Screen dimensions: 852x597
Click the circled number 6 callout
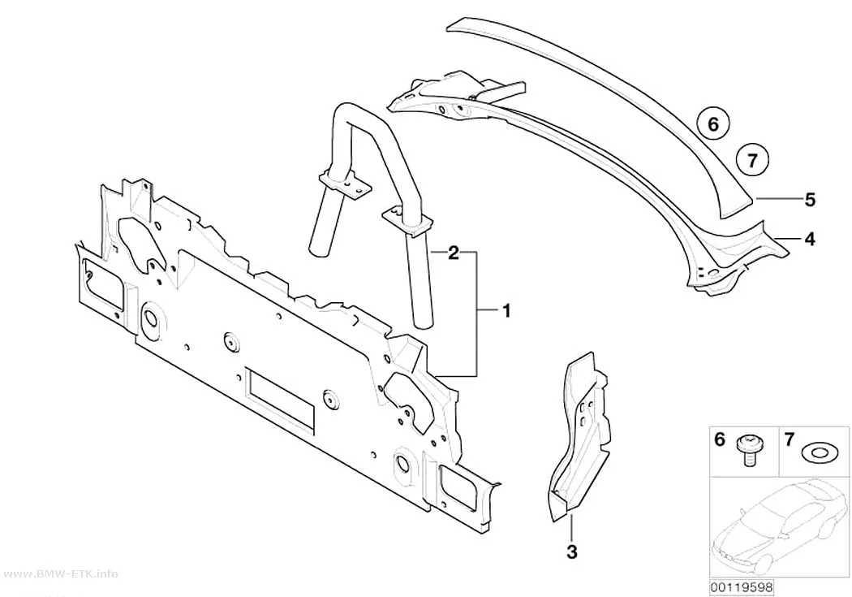[x=713, y=124]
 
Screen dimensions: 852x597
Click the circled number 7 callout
[x=752, y=160]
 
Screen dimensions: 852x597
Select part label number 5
[x=810, y=200]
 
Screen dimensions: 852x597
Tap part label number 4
[x=810, y=239]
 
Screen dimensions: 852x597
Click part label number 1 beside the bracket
[x=506, y=312]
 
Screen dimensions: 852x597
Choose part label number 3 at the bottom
[x=571, y=552]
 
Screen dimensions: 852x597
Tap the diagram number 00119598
[x=742, y=588]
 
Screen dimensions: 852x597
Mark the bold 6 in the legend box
[x=720, y=439]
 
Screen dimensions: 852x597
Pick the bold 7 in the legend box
[x=789, y=439]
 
